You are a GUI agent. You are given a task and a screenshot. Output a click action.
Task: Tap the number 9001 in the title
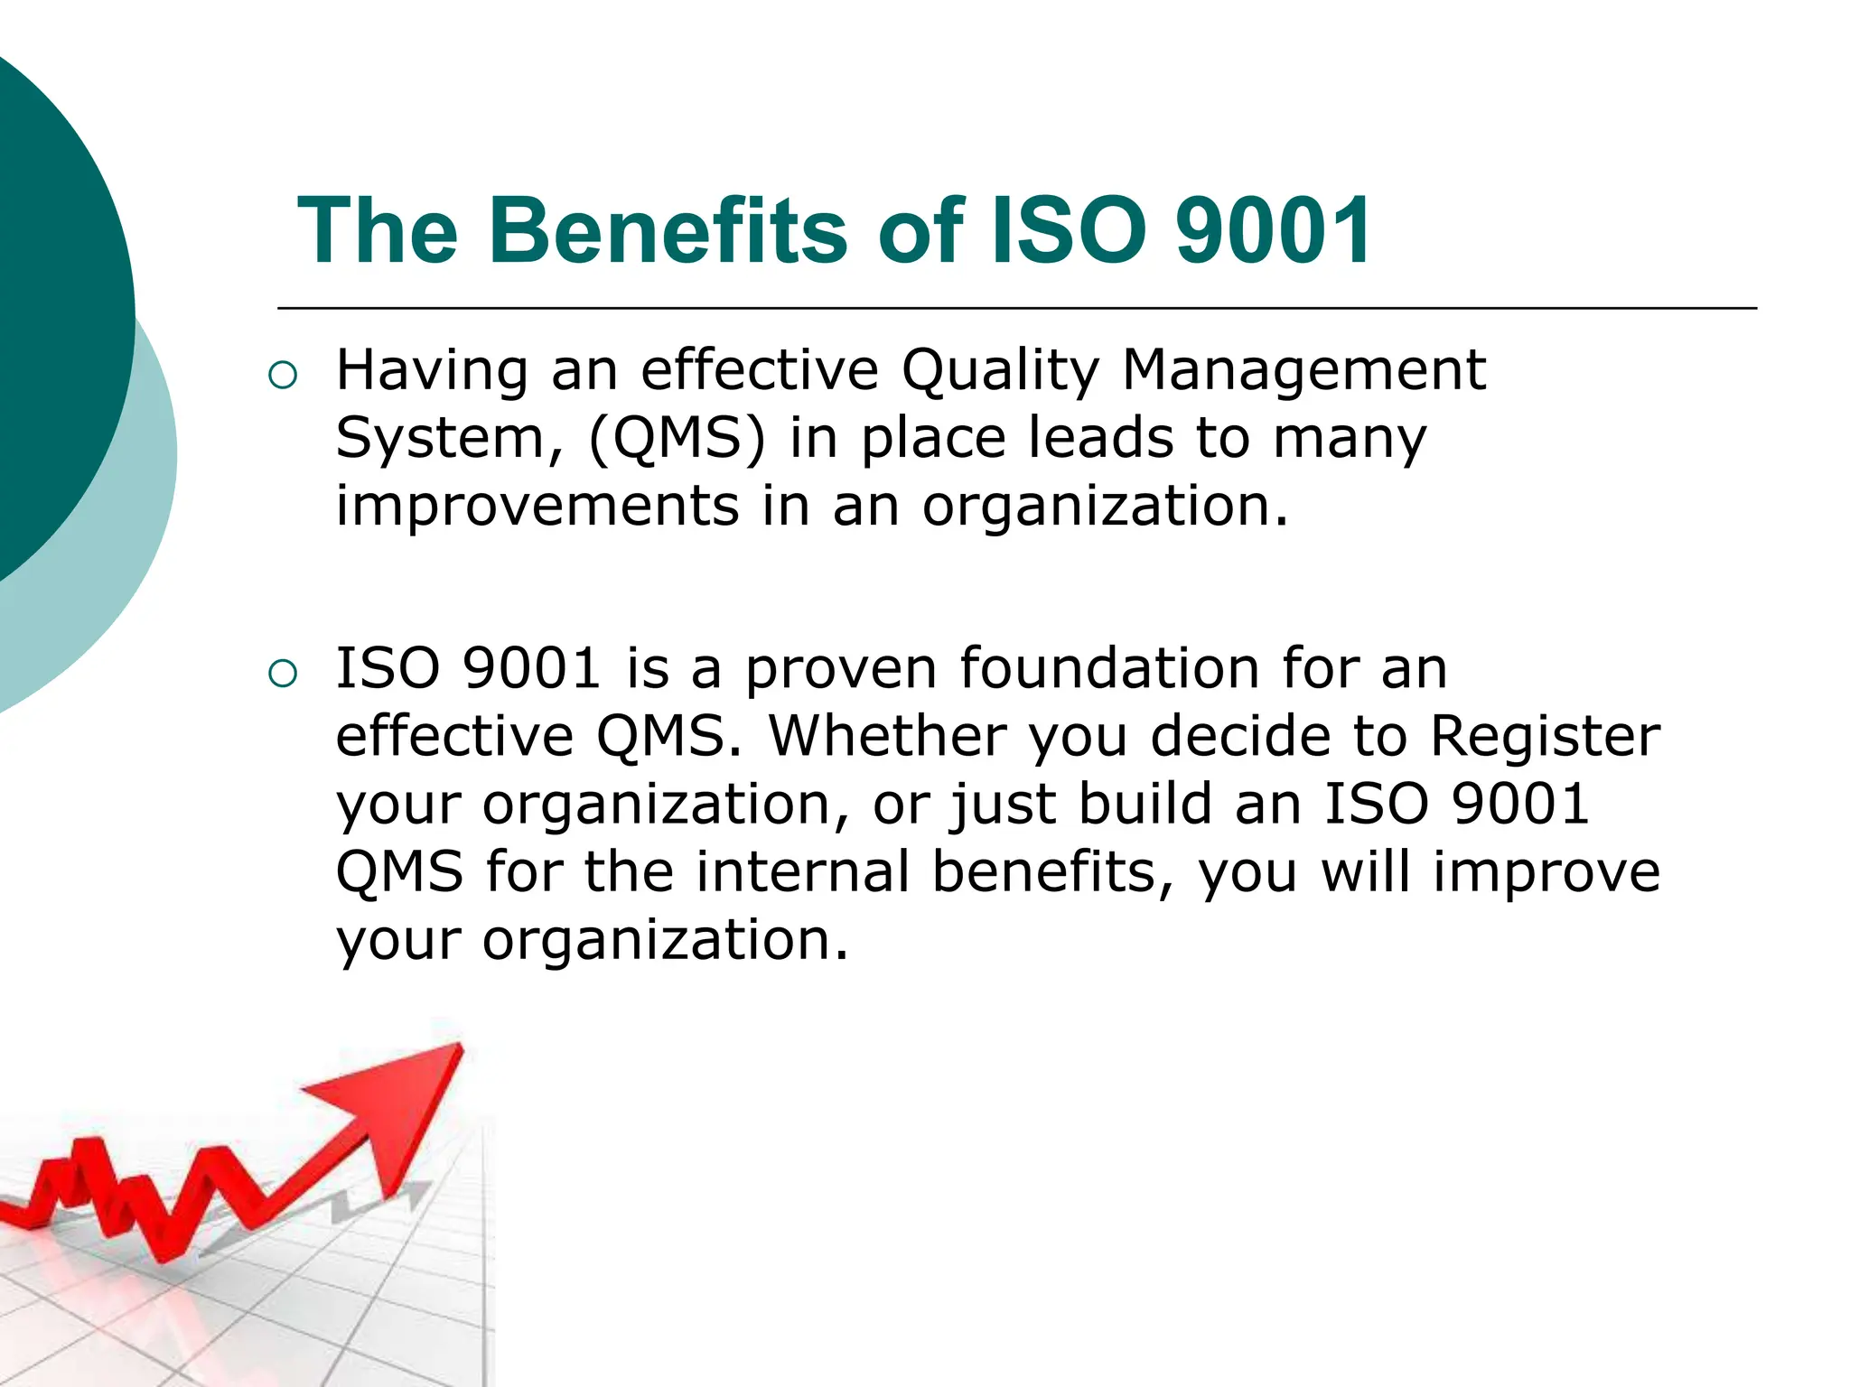1274,232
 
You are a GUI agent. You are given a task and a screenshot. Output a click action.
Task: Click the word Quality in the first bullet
1001,372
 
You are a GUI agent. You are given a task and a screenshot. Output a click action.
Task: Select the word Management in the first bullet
1303,372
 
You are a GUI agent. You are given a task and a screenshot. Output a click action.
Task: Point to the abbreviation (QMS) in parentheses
677,440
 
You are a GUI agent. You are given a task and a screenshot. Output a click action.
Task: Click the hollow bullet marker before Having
283,376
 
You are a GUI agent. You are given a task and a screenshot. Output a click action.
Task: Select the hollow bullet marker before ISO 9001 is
283,674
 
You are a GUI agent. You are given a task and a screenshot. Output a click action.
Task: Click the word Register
1545,738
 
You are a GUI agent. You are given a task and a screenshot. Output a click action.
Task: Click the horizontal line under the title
1016,309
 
